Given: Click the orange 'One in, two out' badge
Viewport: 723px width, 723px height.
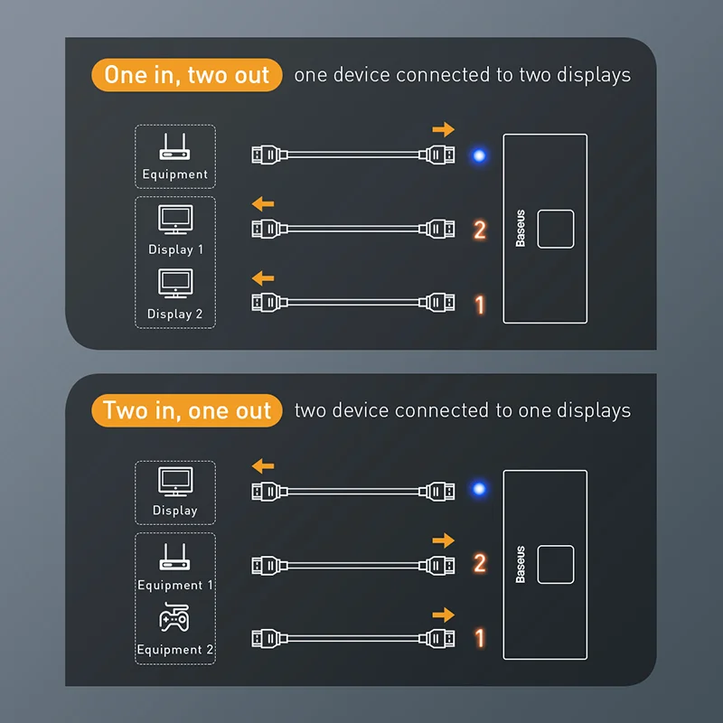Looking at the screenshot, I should tap(187, 75).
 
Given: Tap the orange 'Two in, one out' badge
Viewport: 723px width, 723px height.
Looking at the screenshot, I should tap(187, 410).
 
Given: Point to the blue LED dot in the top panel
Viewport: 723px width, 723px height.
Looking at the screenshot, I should tap(479, 155).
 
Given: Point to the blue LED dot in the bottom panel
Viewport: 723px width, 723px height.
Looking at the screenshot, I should tap(479, 490).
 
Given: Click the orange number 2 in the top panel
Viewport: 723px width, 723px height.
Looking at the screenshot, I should tap(480, 230).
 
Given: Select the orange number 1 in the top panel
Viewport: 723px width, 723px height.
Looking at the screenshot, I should tap(480, 305).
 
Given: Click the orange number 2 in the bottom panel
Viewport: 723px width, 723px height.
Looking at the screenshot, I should tap(480, 564).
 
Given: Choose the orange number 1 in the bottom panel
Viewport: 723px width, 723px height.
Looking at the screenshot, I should tap(480, 639).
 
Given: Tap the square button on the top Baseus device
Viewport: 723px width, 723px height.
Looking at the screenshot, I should tap(556, 229).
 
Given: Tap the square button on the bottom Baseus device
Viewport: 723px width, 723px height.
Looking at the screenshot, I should tap(556, 564).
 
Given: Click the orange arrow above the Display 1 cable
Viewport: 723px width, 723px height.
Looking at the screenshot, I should tap(262, 203).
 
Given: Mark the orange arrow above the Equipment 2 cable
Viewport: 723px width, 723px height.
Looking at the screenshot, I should tap(443, 615).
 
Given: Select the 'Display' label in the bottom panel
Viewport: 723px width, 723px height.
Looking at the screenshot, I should tap(175, 511).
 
